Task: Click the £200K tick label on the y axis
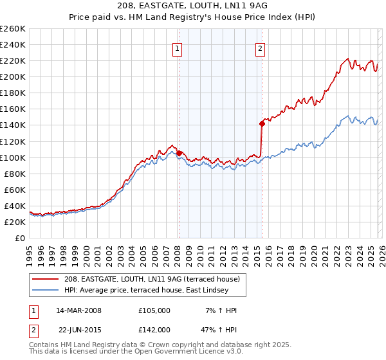(13, 76)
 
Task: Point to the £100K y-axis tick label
(13, 157)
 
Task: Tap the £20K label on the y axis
(15, 222)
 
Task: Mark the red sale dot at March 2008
(179, 153)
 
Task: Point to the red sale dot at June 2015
(262, 123)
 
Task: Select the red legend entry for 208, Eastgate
(152, 278)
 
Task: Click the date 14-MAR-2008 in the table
(80, 310)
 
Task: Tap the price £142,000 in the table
(154, 330)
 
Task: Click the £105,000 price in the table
(154, 310)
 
